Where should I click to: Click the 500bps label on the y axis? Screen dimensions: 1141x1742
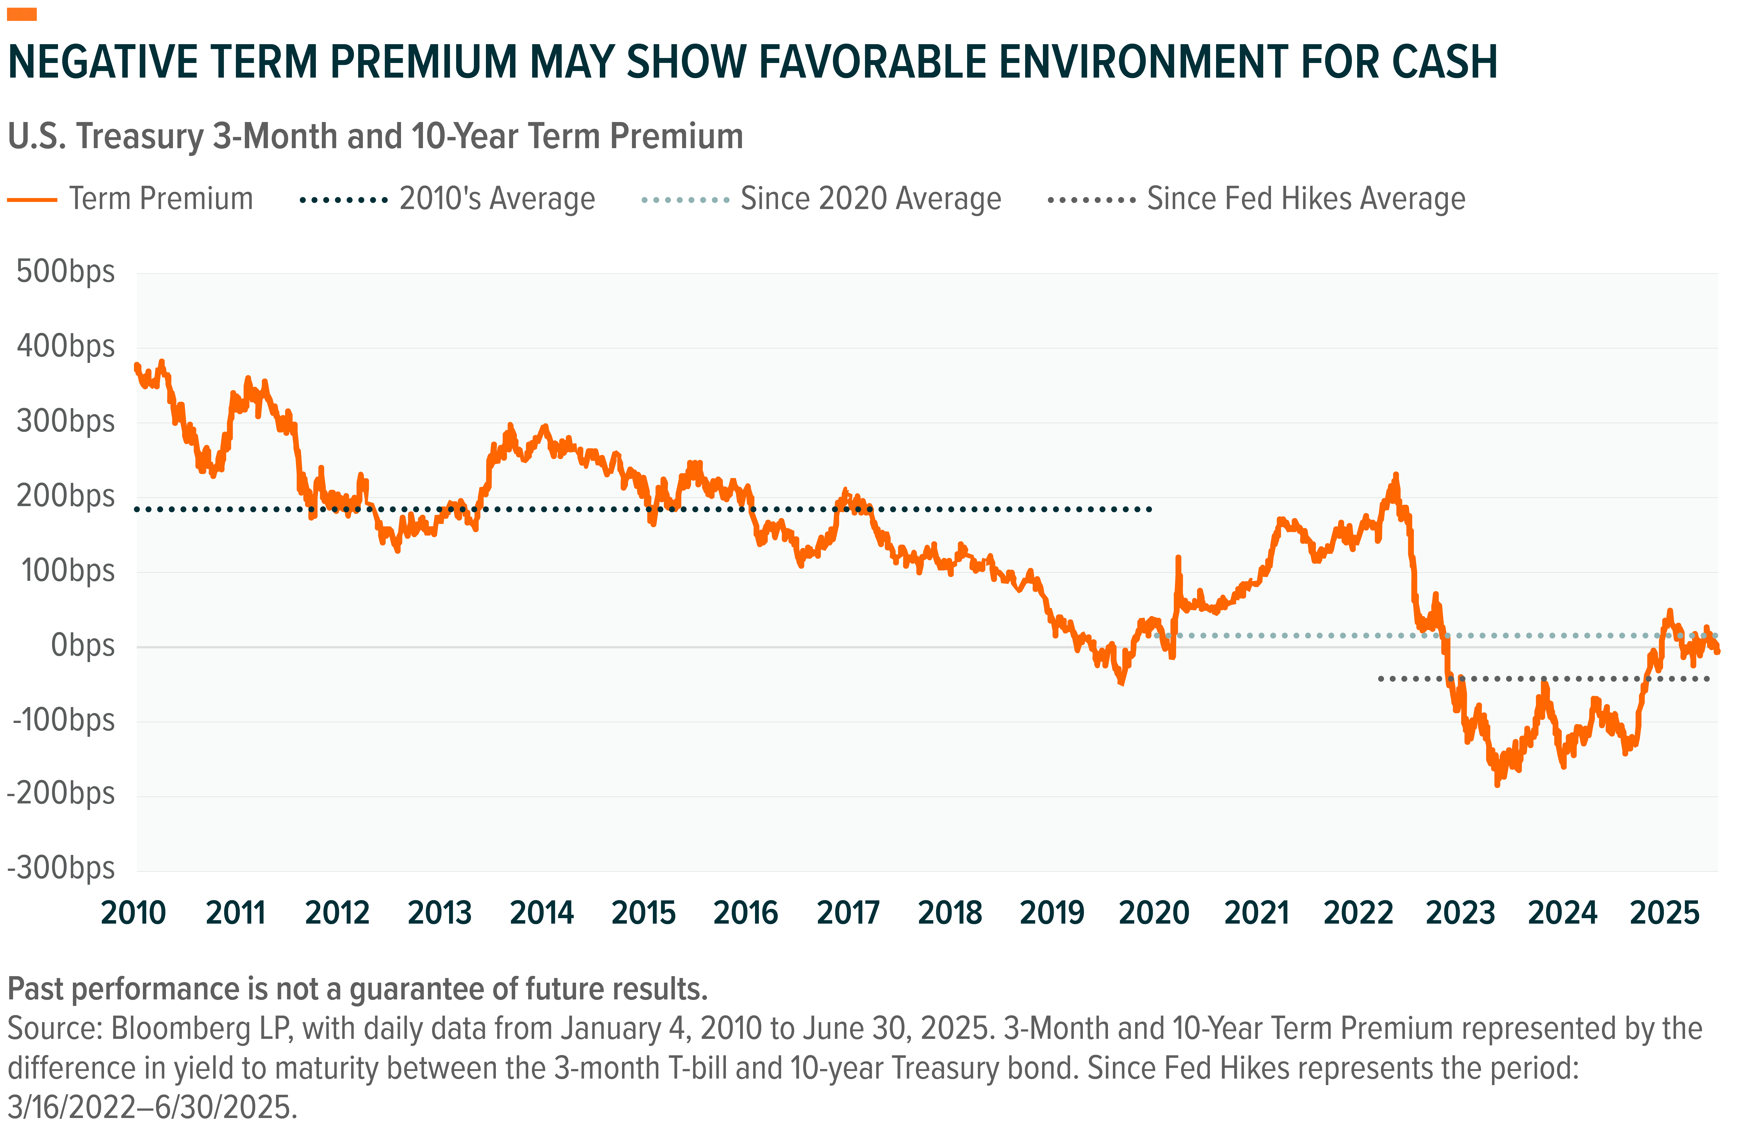pos(65,271)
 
